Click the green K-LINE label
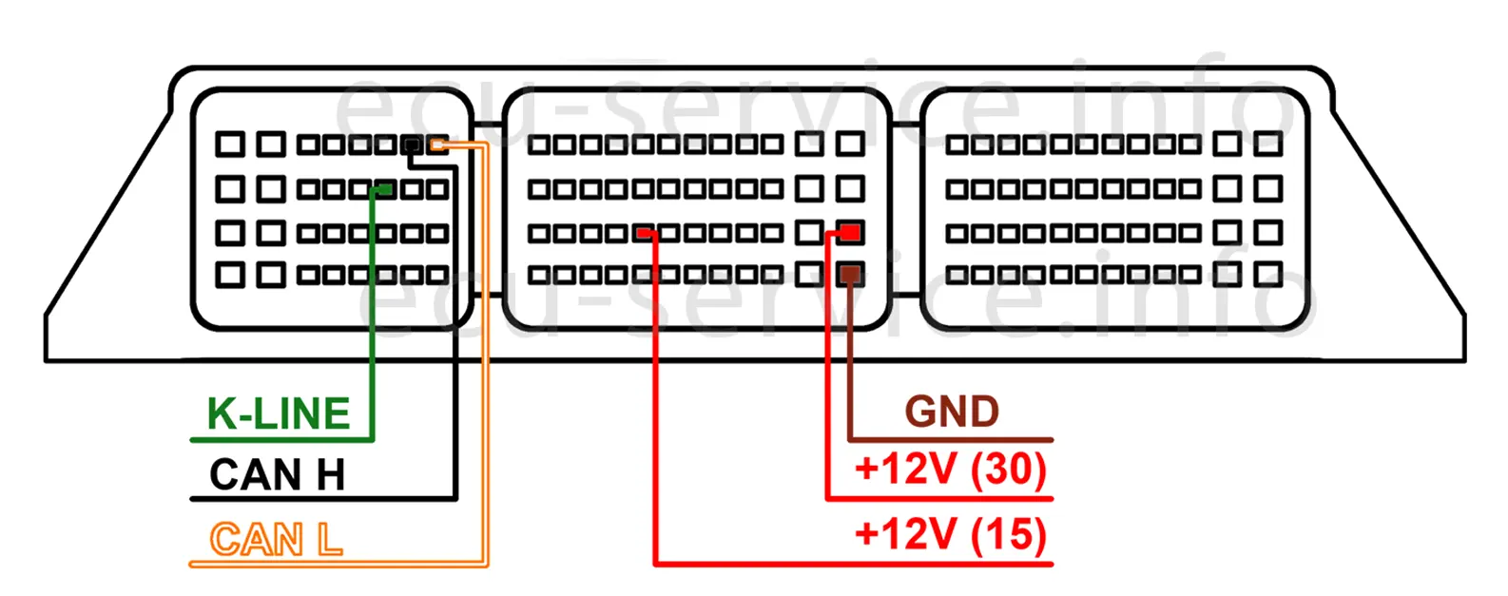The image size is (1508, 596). click(x=279, y=414)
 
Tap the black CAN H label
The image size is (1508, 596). click(x=277, y=475)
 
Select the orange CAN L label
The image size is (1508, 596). click(x=276, y=540)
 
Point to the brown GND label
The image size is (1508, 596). click(x=952, y=413)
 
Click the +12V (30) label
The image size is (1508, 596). click(x=951, y=470)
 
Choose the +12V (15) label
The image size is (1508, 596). click(x=951, y=534)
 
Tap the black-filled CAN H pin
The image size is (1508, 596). click(x=412, y=145)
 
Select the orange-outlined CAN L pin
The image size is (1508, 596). click(x=437, y=145)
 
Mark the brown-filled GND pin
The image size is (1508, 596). click(x=850, y=276)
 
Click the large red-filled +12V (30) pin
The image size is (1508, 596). click(x=850, y=232)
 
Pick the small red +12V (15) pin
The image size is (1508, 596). click(x=645, y=232)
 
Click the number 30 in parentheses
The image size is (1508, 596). click(x=1008, y=470)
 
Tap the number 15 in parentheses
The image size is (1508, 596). click(x=1008, y=534)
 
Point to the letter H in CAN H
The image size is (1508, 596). click(x=330, y=475)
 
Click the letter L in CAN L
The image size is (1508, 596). click(x=329, y=540)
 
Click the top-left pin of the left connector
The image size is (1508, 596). click(x=230, y=144)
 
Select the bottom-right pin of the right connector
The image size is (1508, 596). click(x=1267, y=276)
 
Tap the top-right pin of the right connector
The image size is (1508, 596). click(x=1267, y=144)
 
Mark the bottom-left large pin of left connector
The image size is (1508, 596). click(x=230, y=276)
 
